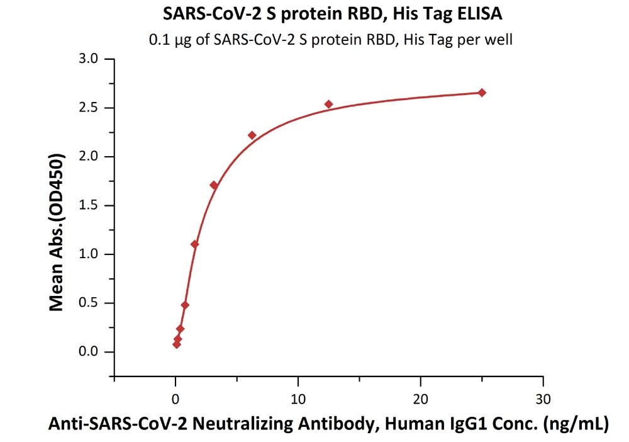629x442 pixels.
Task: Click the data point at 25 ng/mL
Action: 482,93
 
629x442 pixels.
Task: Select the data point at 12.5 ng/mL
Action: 328,104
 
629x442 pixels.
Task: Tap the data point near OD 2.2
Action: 252,135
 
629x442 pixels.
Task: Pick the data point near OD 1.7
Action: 214,185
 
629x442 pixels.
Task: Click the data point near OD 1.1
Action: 194,244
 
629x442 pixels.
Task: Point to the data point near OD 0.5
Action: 185,305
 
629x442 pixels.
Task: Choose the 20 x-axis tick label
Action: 421,399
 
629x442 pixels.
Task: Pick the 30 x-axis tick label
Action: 543,399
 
